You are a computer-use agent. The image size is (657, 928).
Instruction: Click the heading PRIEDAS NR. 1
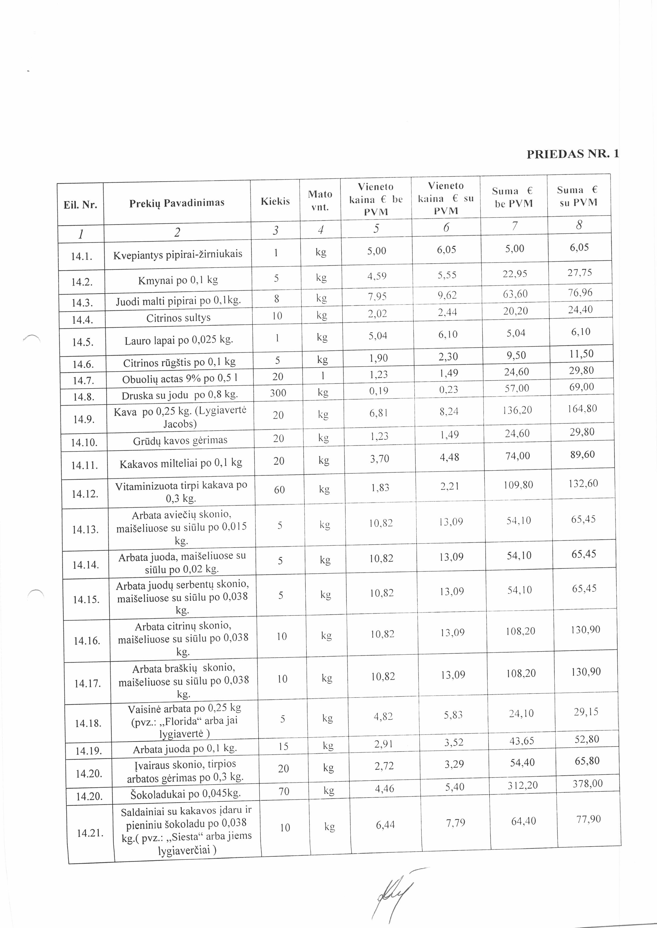pos(572,154)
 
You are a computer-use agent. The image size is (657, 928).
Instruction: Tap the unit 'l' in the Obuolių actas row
pos(322,375)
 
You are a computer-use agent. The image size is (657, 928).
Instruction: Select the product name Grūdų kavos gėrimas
pos(180,440)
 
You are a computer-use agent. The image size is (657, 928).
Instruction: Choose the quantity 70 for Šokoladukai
pos(284,791)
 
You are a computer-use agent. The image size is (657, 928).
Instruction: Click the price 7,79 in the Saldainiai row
pos(456,822)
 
